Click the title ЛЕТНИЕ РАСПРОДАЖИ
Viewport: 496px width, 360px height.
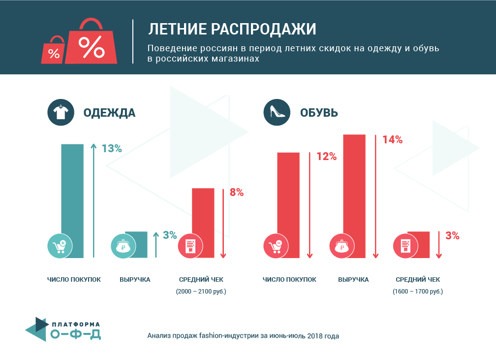tap(232, 29)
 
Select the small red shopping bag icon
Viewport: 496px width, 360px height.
tap(54, 51)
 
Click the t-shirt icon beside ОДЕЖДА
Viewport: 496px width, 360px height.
tap(61, 112)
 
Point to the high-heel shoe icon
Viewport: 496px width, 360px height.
tap(277, 112)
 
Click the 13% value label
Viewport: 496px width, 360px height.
tap(112, 149)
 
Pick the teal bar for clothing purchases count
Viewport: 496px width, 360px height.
tap(72, 201)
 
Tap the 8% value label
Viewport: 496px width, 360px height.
tap(237, 192)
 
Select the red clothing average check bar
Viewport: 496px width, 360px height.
tap(203, 223)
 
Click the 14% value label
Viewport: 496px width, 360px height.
tap(393, 140)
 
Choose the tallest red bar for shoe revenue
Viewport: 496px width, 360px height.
tap(354, 196)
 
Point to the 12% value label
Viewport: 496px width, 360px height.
tap(327, 157)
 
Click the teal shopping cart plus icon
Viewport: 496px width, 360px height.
tap(60, 246)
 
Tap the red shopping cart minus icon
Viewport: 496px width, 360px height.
tap(276, 246)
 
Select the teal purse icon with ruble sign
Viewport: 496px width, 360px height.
tap(124, 246)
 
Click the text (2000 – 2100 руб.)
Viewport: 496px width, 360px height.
tap(201, 291)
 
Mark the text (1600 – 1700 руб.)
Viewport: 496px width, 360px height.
tap(418, 291)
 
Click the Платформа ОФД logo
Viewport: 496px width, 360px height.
tap(63, 329)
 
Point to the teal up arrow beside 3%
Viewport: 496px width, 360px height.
tap(156, 245)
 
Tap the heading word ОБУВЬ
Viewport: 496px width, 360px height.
tap(319, 113)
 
